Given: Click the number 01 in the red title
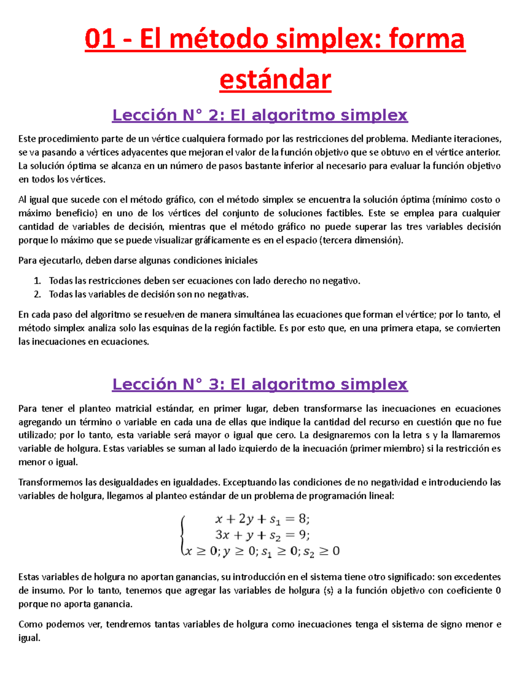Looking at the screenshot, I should (x=100, y=40).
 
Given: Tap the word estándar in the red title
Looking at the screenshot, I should (x=275, y=80).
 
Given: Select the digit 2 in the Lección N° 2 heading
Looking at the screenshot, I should (x=214, y=115).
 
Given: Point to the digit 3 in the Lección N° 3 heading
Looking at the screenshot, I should (x=214, y=384).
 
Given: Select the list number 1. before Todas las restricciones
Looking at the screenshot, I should (x=37, y=281).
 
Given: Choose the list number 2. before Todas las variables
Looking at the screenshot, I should (x=37, y=295).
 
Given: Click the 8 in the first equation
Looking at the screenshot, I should (x=302, y=519).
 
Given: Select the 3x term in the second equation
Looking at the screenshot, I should (x=222, y=535).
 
